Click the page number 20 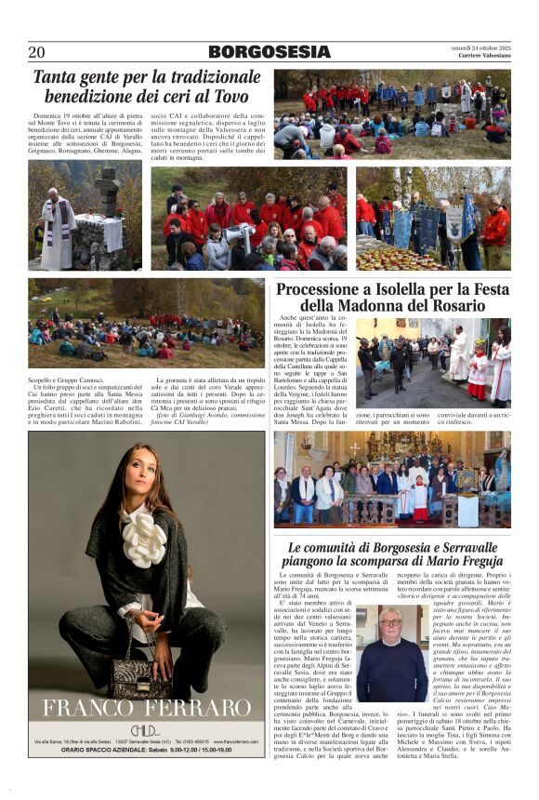(x=36, y=52)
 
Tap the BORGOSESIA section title (x=268, y=52)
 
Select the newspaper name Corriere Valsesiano (x=483, y=56)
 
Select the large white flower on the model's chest (x=144, y=539)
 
